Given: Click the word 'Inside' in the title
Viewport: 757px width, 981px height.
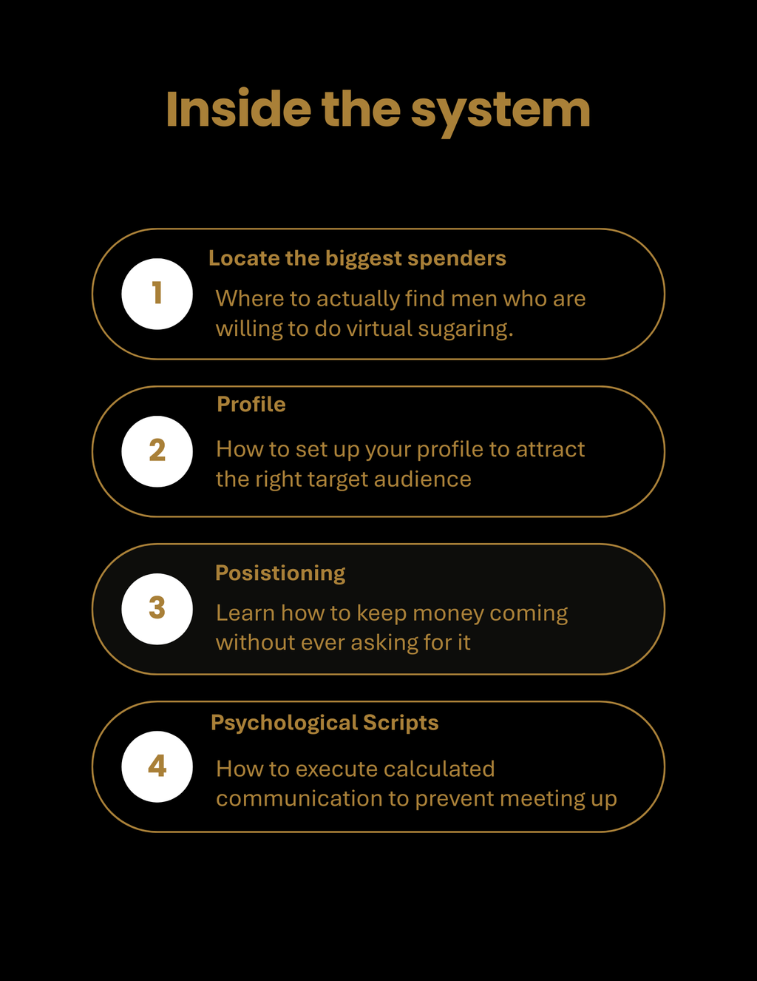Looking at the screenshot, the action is click(x=239, y=109).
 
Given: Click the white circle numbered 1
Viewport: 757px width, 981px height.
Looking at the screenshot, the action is click(x=157, y=294).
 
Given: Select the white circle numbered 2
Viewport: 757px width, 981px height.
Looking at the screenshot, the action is click(x=157, y=451).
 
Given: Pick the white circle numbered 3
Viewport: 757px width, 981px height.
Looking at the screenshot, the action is click(x=157, y=609).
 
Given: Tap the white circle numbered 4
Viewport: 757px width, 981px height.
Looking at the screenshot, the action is click(x=157, y=766).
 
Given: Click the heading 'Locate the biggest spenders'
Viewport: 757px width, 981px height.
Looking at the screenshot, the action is click(x=357, y=260).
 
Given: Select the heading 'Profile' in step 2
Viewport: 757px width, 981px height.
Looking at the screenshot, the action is click(x=251, y=404).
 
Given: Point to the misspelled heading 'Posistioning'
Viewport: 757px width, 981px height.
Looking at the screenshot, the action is click(x=280, y=574).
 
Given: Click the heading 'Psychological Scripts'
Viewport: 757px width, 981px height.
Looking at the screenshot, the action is click(x=325, y=724).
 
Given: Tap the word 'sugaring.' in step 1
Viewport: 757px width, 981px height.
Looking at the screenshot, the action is click(x=466, y=329).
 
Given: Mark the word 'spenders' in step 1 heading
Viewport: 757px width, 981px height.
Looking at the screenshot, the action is click(x=457, y=260).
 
